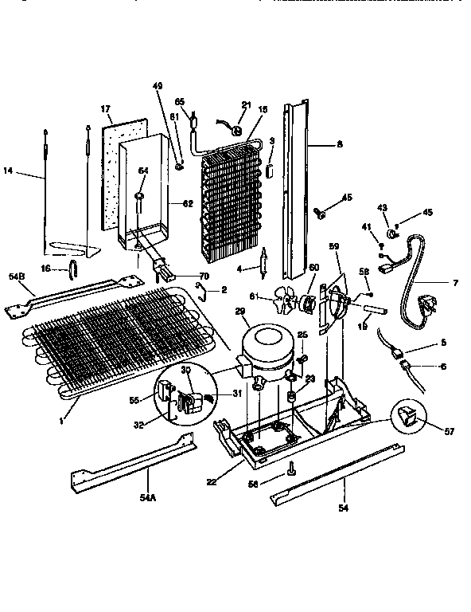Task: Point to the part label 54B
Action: [17, 277]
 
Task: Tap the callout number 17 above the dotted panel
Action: [104, 108]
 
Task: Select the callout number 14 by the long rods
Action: [9, 170]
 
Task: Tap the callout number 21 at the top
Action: [246, 104]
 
